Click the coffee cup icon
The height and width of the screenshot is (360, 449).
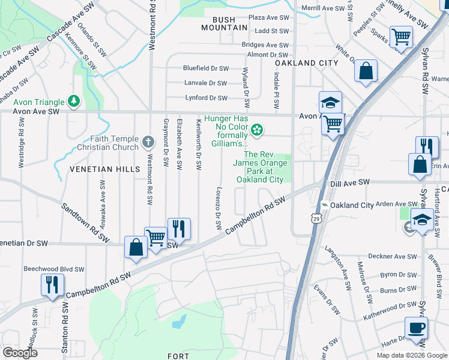pos(416,329)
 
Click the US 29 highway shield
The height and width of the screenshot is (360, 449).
pos(316,219)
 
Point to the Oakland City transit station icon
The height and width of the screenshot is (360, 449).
pos(324,205)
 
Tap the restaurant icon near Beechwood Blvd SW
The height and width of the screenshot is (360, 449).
pos(53,284)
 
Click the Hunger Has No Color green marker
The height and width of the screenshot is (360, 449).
pos(257,129)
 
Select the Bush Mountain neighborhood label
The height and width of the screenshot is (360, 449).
pos(224,23)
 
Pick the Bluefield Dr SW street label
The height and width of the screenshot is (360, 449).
pos(206,68)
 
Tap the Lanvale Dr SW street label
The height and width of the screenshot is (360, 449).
pos(206,83)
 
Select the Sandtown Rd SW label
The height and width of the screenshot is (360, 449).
pos(85,223)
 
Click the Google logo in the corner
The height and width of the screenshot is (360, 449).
pos(20,353)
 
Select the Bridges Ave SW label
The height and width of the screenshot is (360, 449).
pos(265,45)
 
